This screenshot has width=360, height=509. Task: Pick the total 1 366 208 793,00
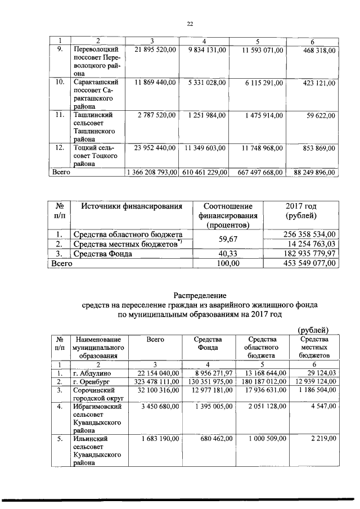(x=153, y=172)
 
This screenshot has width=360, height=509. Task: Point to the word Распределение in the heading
(x=199, y=295)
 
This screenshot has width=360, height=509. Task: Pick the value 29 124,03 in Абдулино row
(x=318, y=372)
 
